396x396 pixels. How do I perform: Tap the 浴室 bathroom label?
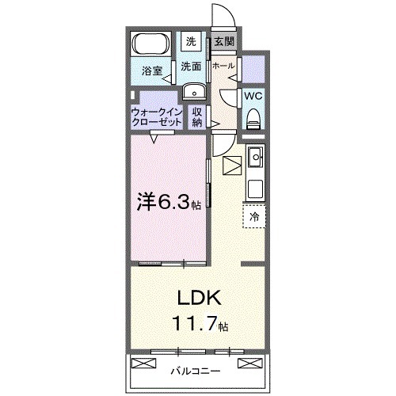coord(152,71)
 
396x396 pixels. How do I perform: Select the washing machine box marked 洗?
coord(192,41)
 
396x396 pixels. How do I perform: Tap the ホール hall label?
coord(223,66)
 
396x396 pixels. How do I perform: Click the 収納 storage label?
coord(197,117)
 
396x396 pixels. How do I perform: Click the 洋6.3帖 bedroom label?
coord(169,202)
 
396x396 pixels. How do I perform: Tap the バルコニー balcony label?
coord(195,370)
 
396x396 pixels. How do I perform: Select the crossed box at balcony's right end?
coord(250,364)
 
